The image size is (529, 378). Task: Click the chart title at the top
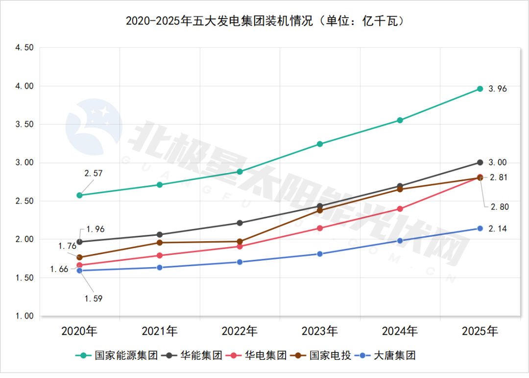pos(264,22)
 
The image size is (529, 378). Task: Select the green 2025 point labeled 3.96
pos(480,89)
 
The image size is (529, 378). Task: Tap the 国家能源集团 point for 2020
pos(79,195)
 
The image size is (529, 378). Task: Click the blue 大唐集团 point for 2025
pos(480,228)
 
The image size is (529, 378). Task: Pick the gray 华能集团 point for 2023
pos(320,206)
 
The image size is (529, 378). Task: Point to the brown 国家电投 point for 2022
pos(240,241)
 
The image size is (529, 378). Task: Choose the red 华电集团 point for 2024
pos(400,209)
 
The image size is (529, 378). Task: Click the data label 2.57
pos(94,173)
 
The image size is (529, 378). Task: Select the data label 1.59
pos(93,298)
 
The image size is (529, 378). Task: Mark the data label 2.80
pos(500,207)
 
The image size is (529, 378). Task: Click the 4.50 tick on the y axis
pos(24,48)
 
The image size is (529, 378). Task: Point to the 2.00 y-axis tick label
pos(24,239)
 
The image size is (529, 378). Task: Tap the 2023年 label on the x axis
pos(320,331)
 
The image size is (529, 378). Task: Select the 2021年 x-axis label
pos(160,331)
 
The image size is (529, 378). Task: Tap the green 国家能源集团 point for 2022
pos(240,172)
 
